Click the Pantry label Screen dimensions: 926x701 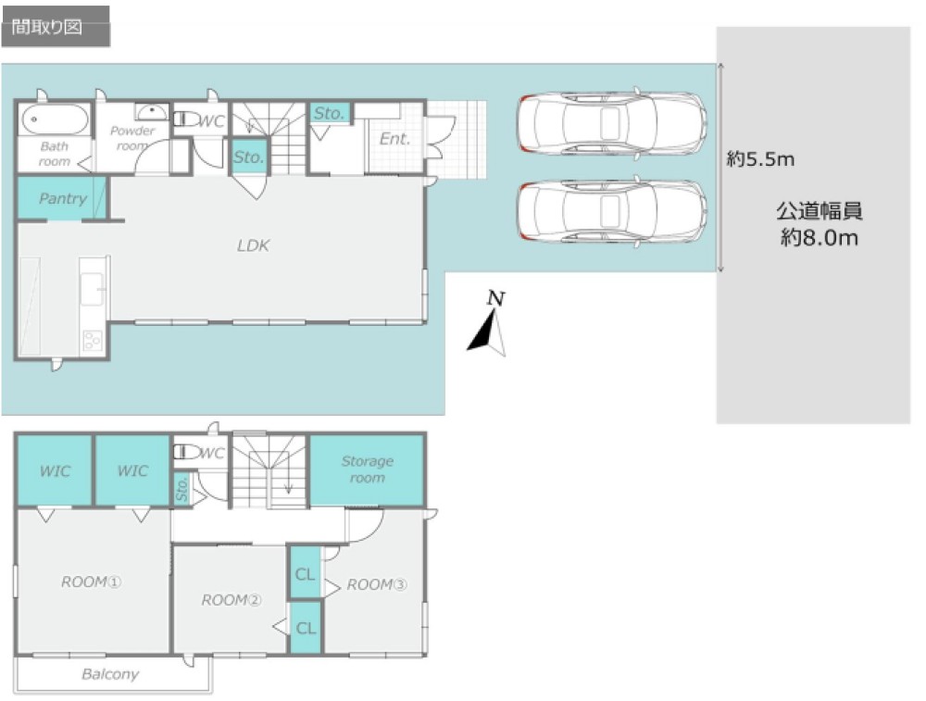63,198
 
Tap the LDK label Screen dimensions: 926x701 254,245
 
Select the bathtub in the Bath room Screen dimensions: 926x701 55,119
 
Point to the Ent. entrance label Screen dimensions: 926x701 394,139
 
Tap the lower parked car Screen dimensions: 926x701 612,211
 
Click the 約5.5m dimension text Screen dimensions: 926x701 760,159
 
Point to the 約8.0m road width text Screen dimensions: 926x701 820,237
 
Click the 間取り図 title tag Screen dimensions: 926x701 46,27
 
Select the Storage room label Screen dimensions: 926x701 368,469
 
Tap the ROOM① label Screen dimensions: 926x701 91,582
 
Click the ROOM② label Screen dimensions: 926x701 231,600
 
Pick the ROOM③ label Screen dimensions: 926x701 377,584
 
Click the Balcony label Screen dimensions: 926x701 110,674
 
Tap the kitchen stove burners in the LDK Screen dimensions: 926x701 93,340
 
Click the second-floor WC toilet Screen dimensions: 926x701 187,452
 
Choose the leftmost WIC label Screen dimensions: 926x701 55,470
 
